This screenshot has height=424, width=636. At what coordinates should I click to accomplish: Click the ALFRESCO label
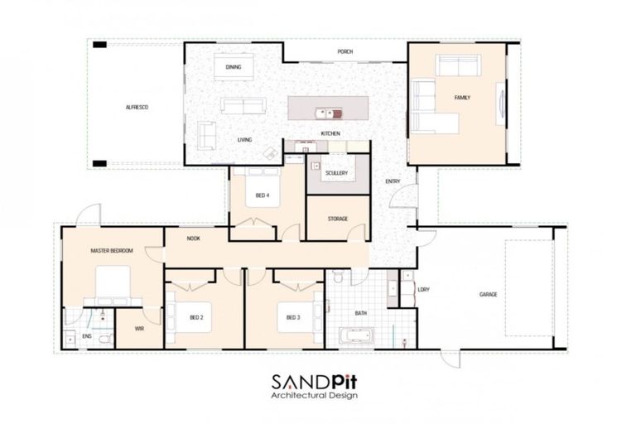coord(137,108)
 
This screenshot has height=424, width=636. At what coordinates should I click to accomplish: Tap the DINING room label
coord(234,68)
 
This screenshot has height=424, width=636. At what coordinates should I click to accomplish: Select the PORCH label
coord(345,52)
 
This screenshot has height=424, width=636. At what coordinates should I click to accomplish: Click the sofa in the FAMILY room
coord(458,65)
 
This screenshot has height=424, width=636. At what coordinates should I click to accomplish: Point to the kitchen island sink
coord(327,113)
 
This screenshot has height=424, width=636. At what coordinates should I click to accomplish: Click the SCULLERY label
coord(336,173)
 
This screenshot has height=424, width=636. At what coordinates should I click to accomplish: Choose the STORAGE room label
coord(337,219)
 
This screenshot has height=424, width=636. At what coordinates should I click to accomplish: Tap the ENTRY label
coord(393,181)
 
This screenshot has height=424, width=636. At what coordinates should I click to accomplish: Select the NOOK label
coord(193,238)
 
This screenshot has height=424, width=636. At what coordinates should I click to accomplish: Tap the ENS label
coord(86,337)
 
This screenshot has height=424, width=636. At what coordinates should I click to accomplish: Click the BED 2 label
coord(196,317)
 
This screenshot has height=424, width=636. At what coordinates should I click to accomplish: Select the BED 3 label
coord(293,317)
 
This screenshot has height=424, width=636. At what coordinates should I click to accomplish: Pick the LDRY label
coord(424,290)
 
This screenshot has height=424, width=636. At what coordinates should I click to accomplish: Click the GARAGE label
coord(488,294)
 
